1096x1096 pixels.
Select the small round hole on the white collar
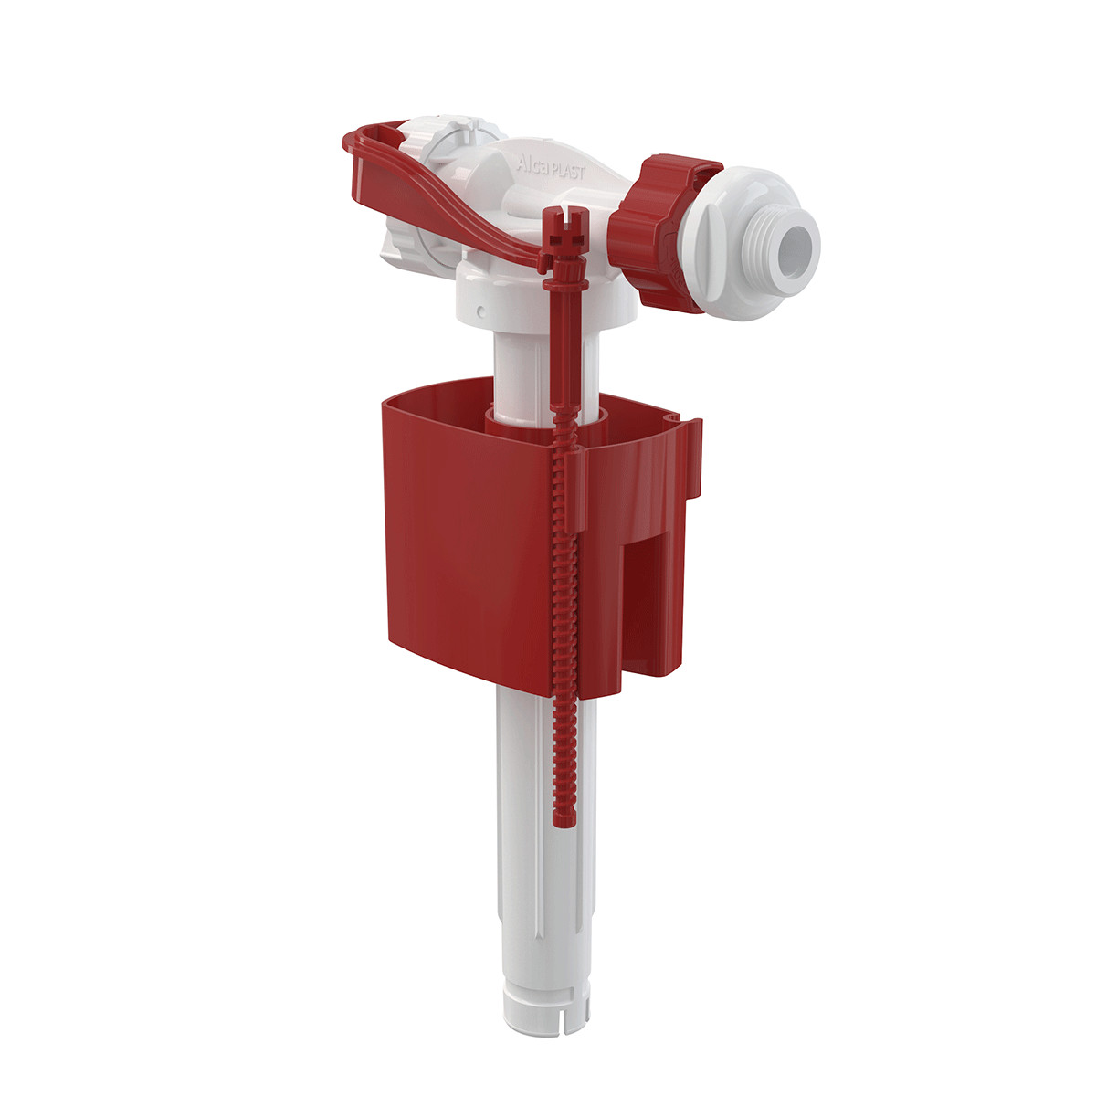(x=480, y=311)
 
